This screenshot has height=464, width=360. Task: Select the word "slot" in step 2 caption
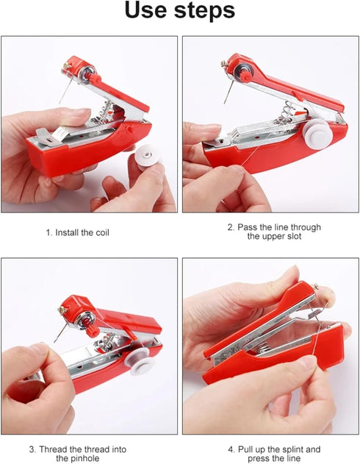(x=289, y=237)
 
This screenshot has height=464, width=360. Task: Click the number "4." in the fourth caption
(x=231, y=449)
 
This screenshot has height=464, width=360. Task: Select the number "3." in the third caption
(x=32, y=449)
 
